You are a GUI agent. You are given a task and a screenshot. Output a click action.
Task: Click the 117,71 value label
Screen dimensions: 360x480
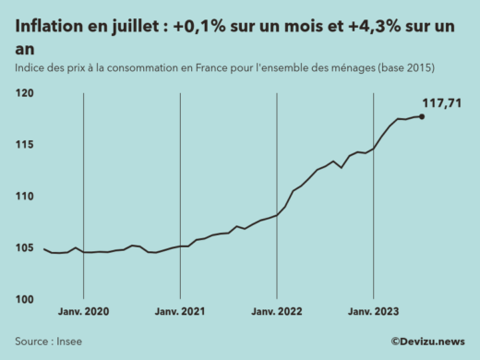tap(441, 102)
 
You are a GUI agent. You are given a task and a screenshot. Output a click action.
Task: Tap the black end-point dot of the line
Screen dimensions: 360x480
tap(421, 116)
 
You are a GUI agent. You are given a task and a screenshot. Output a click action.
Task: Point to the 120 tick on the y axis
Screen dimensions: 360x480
tap(24, 93)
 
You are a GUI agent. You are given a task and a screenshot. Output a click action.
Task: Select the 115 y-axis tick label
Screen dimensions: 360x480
tap(24, 145)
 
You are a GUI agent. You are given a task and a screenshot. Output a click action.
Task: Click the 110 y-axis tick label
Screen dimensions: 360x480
tap(24, 197)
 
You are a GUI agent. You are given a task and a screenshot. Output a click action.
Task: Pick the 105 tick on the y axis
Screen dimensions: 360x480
tap(24, 248)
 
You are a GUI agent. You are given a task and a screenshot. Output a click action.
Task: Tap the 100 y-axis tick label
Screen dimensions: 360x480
tap(24, 300)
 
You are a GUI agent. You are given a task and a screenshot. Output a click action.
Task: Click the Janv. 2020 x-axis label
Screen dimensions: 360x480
tap(84, 313)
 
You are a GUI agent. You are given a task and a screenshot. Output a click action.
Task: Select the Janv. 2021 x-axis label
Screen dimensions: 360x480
tap(180, 313)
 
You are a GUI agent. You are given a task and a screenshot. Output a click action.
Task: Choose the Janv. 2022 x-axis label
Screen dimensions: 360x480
tap(277, 313)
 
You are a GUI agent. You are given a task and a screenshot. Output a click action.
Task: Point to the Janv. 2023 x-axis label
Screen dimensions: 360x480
tap(373, 313)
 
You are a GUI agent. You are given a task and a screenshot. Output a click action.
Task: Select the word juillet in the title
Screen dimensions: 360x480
tap(138, 28)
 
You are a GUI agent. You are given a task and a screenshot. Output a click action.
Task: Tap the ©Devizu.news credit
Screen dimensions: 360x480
tap(427, 342)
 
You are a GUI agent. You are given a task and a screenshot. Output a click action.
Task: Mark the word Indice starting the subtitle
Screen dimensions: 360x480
tap(30, 69)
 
